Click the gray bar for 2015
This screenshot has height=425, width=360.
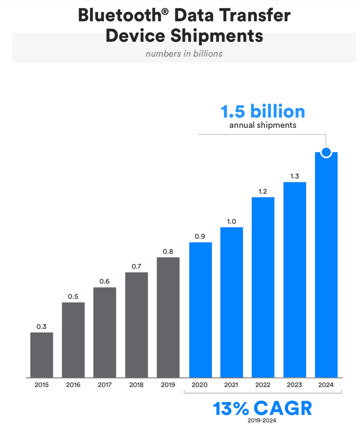pos(41,355)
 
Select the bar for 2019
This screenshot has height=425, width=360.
pos(168,317)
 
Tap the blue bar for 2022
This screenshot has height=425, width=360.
pos(263,287)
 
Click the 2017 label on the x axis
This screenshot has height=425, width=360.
pos(105,385)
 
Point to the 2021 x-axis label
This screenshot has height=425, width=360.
pos(231,385)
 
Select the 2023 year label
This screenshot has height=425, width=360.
pos(295,385)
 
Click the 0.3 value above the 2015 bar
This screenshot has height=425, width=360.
pos(41,326)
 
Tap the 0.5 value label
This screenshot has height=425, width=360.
pos(73,296)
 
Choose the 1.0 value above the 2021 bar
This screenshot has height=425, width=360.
pos(231,221)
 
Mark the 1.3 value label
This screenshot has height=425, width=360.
pos(295,176)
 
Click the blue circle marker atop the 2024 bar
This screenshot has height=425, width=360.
pos(326,152)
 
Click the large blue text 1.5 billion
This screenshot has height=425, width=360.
pos(263,112)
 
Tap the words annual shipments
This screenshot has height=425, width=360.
pos(263,125)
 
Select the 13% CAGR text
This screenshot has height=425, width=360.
pos(263,408)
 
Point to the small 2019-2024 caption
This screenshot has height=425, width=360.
pos(263,420)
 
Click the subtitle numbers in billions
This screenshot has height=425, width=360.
pos(184,53)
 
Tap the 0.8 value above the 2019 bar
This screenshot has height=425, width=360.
pos(168,251)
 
